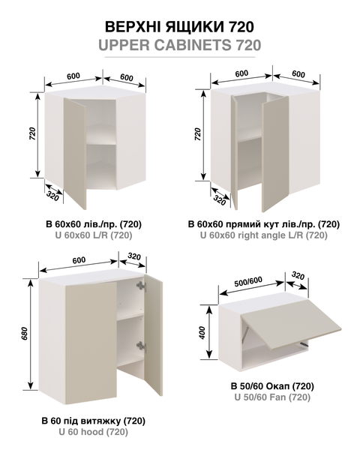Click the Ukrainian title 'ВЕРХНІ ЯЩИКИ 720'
click(x=179, y=27)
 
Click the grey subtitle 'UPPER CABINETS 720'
click(x=180, y=45)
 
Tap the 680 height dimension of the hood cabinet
click(x=25, y=334)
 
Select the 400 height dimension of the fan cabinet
click(x=202, y=333)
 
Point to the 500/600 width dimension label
click(x=248, y=282)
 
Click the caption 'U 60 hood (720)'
click(x=93, y=432)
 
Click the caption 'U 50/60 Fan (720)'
click(x=272, y=397)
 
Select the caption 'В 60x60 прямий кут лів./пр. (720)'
click(x=264, y=224)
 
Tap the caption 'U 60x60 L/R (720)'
click(x=94, y=235)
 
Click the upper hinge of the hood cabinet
click(x=141, y=286)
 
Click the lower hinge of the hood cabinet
click(x=141, y=347)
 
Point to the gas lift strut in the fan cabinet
click(x=244, y=335)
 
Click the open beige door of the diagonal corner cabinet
click(x=75, y=154)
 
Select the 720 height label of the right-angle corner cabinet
click(x=198, y=134)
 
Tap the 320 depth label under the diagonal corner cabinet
click(x=52, y=197)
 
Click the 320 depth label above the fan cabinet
click(x=298, y=275)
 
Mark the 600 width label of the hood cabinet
click(x=79, y=260)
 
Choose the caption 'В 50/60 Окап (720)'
click(x=272, y=386)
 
